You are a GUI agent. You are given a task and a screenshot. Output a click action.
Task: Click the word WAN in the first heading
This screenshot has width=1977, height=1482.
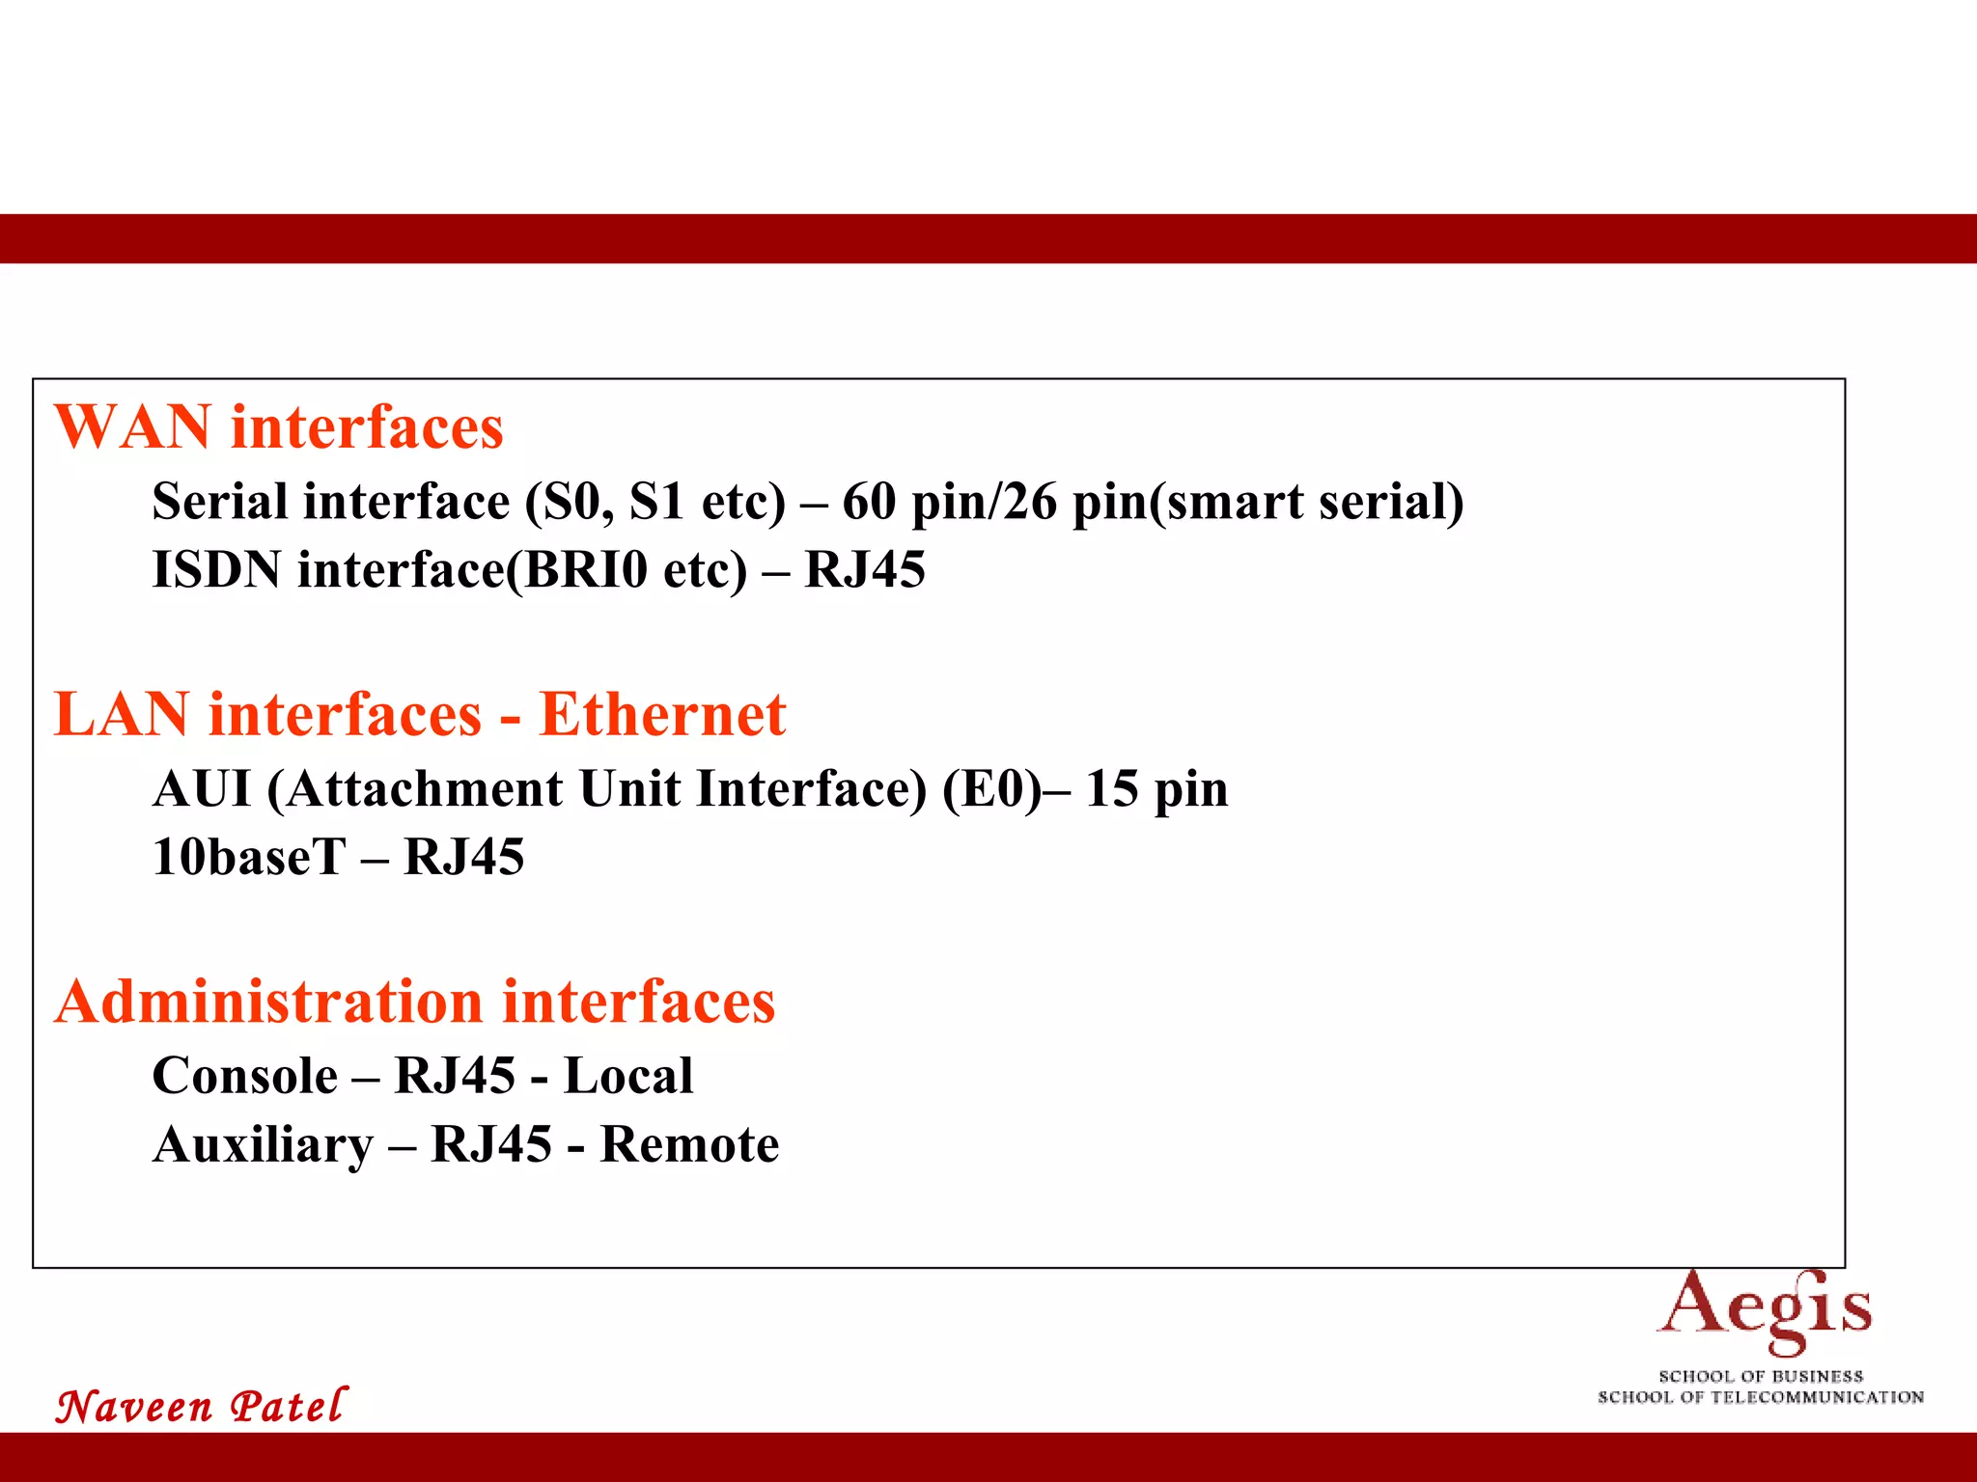click(x=132, y=426)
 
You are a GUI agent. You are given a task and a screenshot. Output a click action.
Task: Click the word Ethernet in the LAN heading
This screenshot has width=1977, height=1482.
click(x=662, y=715)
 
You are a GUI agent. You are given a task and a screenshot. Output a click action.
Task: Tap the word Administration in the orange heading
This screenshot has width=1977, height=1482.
click(x=268, y=1002)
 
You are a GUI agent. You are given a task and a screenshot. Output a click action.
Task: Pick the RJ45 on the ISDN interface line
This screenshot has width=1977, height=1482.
click(x=864, y=569)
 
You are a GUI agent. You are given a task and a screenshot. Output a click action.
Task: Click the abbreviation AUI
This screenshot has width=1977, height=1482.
click(x=202, y=788)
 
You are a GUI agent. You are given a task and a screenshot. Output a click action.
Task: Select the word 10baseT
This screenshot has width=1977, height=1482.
click(x=248, y=857)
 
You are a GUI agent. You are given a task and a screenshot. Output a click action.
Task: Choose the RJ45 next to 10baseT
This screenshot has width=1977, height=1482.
click(x=463, y=857)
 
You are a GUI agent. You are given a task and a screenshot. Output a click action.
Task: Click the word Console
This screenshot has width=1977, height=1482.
click(x=245, y=1076)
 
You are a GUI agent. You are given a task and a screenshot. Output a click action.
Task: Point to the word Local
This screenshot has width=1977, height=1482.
click(x=627, y=1076)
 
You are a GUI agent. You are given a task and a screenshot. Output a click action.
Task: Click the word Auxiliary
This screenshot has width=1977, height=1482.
click(x=263, y=1145)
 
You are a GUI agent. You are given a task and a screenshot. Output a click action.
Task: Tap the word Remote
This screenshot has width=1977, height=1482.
click(x=689, y=1145)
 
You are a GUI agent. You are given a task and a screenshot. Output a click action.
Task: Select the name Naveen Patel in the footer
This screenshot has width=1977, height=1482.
click(x=201, y=1406)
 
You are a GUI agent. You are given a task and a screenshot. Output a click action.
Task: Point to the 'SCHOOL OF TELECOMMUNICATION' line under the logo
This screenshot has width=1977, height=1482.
click(x=1761, y=1397)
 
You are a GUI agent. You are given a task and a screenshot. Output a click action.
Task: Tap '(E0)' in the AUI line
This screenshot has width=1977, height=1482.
click(x=992, y=788)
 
